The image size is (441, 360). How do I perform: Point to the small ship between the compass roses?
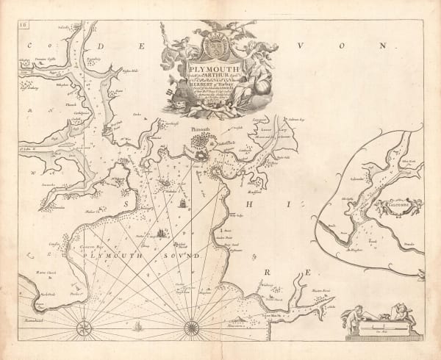[140, 323]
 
